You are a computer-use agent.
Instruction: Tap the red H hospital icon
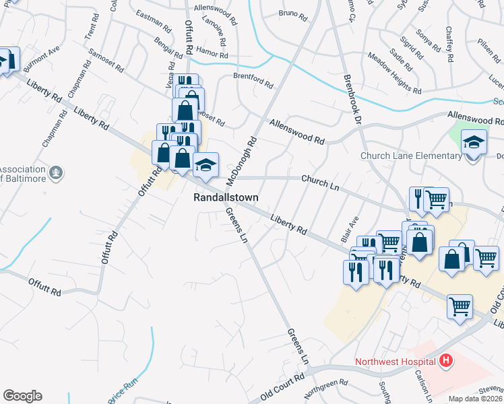(445, 362)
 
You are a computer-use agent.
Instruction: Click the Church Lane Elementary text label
(411, 156)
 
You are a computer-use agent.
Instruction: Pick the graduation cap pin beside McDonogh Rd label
(206, 165)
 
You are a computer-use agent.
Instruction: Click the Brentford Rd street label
(253, 81)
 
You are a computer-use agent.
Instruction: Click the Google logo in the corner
(22, 396)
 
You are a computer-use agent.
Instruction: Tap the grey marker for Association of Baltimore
(57, 174)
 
